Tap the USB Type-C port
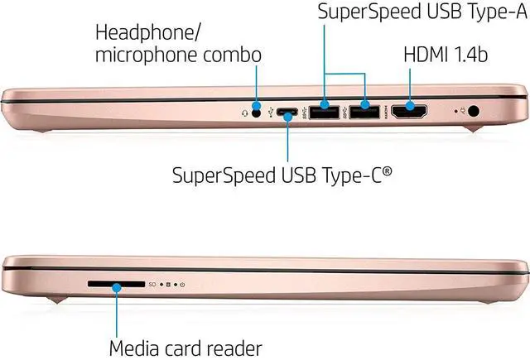(x=288, y=111)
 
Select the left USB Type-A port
(x=323, y=111)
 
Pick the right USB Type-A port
(x=363, y=111)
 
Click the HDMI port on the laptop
(x=408, y=111)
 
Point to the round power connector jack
(x=475, y=110)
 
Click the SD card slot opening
(x=115, y=285)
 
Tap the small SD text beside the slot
(x=152, y=286)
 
